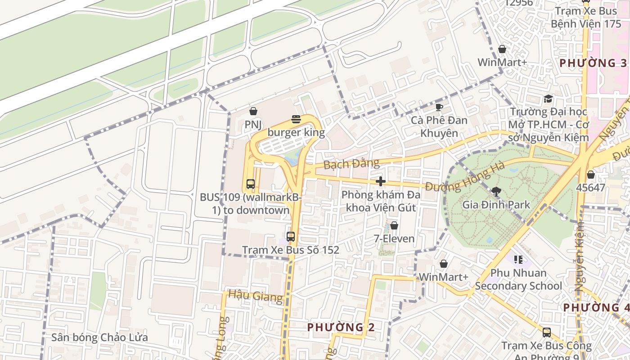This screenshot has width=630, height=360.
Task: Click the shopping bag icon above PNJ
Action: click(253, 111)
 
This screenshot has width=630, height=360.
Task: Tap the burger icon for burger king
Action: click(296, 119)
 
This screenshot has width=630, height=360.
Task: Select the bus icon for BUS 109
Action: click(251, 184)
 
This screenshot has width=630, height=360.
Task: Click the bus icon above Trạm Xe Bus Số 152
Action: click(291, 236)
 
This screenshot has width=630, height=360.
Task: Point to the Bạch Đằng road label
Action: click(345, 164)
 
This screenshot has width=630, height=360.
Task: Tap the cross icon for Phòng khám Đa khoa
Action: click(381, 181)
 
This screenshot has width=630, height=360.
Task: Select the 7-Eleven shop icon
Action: click(394, 225)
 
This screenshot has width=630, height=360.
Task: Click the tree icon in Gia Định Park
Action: click(496, 192)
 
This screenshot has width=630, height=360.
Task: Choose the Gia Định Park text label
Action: click(496, 205)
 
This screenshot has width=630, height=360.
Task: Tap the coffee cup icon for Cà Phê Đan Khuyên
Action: click(439, 107)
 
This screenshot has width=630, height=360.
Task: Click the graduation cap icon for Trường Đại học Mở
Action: click(548, 99)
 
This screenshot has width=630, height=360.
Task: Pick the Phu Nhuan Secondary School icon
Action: click(518, 260)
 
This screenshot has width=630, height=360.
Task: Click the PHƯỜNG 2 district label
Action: click(341, 327)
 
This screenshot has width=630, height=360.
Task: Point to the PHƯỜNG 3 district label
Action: click(593, 63)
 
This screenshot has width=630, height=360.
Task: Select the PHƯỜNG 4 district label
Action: click(596, 307)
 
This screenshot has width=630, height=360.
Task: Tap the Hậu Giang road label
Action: click(256, 296)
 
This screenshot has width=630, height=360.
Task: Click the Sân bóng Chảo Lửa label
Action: click(99, 337)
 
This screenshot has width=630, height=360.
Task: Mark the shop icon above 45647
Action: click(590, 175)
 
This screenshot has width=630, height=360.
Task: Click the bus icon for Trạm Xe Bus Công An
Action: click(547, 333)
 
